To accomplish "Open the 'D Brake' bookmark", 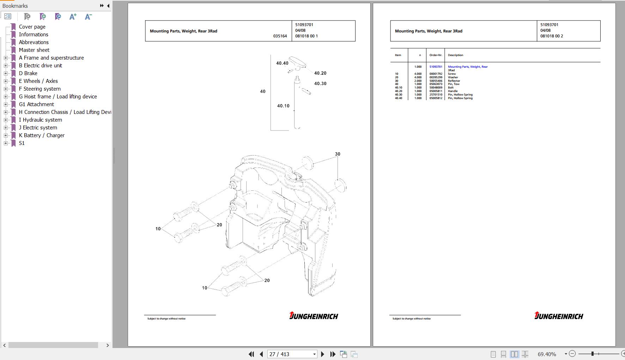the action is (x=28, y=73).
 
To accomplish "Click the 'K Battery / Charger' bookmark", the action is (x=42, y=135).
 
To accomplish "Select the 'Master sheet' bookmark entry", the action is (x=34, y=50).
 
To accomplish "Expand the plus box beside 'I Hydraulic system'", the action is (x=6, y=120).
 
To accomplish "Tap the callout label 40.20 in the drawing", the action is (x=320, y=73).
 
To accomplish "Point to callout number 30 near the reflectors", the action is (x=338, y=154).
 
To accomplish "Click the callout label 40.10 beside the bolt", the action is (x=283, y=106).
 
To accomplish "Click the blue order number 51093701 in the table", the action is (x=436, y=67).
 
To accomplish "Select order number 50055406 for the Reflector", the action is (x=436, y=81).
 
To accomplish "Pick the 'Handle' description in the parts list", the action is (x=453, y=91).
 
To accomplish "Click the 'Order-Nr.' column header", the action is (x=436, y=55).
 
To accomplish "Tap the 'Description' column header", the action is (x=455, y=55).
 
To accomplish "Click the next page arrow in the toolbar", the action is (x=322, y=354).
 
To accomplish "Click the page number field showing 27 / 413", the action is (x=292, y=354).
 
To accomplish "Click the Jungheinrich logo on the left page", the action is (x=313, y=316).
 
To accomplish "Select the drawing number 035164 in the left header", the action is (x=280, y=36).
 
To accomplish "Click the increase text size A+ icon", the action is (x=73, y=17).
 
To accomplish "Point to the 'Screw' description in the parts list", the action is (x=452, y=74).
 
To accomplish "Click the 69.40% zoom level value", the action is (x=547, y=354).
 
